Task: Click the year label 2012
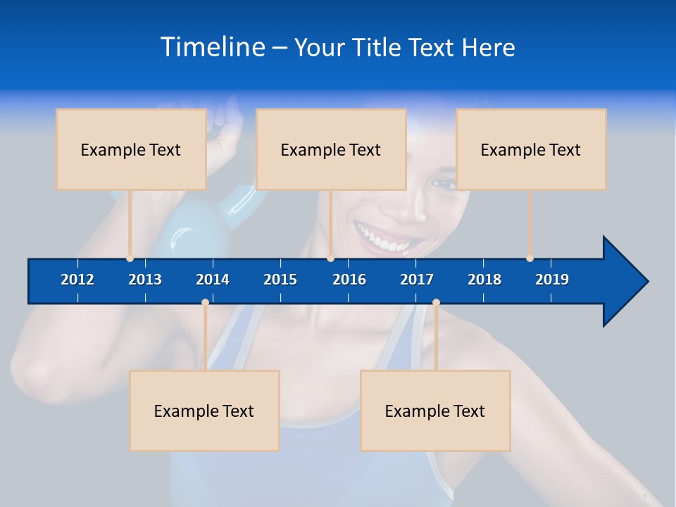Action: [x=77, y=280]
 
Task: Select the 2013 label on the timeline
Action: [x=145, y=280]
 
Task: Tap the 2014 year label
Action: [x=213, y=280]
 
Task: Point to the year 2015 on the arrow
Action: [x=280, y=280]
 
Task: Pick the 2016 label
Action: [x=349, y=280]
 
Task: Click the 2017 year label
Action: [x=417, y=280]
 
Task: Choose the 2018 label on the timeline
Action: [x=484, y=280]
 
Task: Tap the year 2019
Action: [x=552, y=280]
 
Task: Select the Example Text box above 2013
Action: [x=131, y=149]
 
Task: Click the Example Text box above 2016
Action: [x=331, y=149]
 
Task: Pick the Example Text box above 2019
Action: [x=531, y=149]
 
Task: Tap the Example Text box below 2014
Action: [x=204, y=411]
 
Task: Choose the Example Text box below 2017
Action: [x=435, y=411]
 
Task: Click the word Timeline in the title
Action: [x=212, y=47]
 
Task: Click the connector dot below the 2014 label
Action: [x=205, y=303]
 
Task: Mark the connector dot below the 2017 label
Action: [x=436, y=303]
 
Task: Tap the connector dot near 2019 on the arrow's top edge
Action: [x=530, y=258]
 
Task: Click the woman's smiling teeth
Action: [x=384, y=239]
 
